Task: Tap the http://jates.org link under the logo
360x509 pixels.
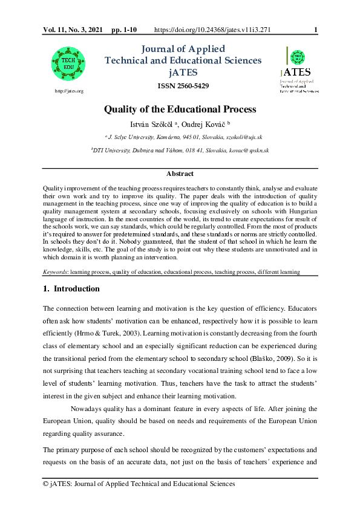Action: [x=68, y=91]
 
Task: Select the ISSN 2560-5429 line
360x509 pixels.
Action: [x=183, y=86]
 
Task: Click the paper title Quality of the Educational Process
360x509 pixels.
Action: [x=180, y=109]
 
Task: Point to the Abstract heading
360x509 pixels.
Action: [x=180, y=173]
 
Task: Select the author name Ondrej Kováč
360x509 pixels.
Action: [x=203, y=124]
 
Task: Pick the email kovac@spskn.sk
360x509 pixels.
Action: [x=252, y=150]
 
